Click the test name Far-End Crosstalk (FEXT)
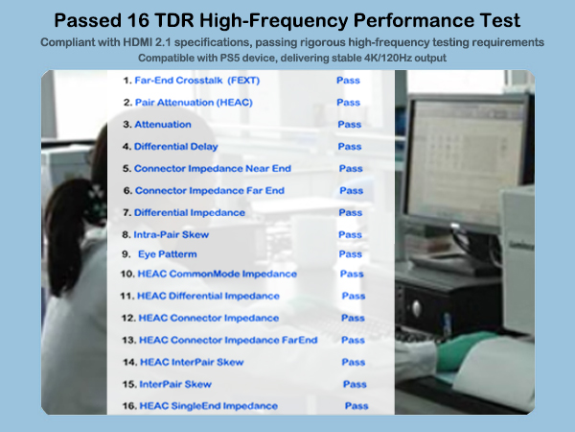[197, 81]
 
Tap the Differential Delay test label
[175, 147]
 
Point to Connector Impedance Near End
[212, 169]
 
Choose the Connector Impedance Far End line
[209, 191]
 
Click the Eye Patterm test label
[168, 254]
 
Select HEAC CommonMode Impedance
[217, 275]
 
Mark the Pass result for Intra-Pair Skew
[350, 234]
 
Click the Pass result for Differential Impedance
[351, 212]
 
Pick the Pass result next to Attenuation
[349, 125]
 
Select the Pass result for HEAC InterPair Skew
[353, 362]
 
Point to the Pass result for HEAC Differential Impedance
[354, 296]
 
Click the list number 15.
[127, 384]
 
